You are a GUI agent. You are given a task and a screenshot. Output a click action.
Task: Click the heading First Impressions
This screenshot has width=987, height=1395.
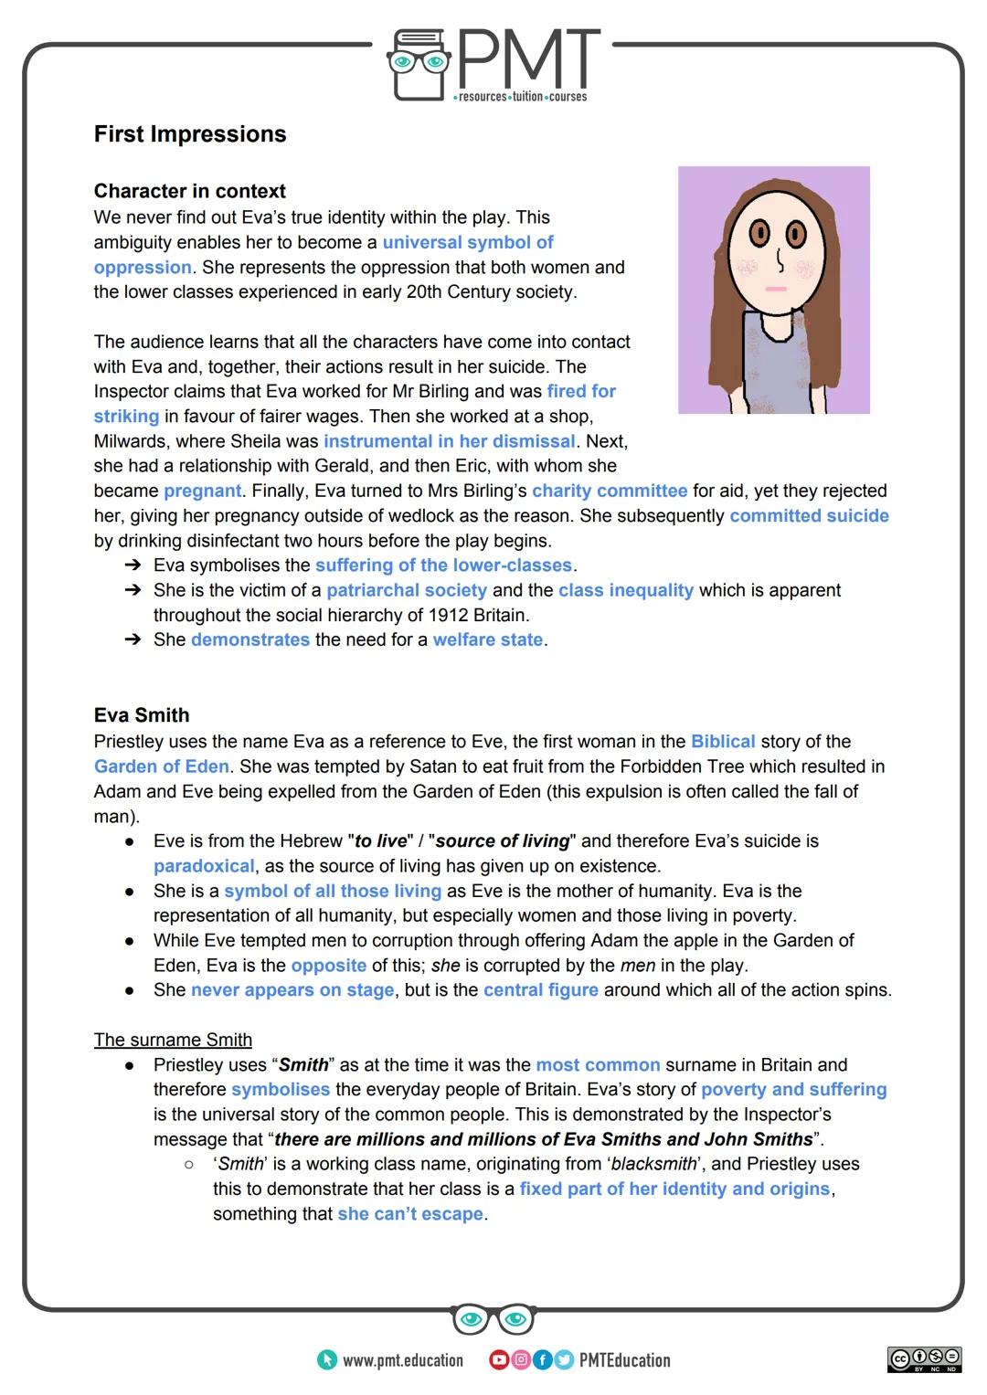190,134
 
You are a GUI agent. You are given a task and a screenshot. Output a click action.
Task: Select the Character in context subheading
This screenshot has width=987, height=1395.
189,191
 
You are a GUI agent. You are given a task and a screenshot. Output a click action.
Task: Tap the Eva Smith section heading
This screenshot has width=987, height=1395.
142,714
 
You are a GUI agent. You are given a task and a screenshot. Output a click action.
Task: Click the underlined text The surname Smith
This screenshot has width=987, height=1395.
173,1040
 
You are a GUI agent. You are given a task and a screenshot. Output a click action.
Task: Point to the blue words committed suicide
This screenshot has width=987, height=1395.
809,515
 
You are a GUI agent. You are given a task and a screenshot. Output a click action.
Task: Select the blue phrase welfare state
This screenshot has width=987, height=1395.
488,639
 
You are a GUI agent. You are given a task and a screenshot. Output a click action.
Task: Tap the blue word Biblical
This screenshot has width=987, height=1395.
723,741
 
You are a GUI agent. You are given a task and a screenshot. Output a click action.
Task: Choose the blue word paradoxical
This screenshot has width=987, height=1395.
204,865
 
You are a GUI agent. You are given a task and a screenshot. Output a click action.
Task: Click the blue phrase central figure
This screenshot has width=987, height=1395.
541,989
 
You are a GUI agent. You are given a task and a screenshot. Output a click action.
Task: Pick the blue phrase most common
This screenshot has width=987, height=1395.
598,1064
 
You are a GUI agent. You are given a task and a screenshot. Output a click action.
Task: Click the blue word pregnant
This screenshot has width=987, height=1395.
203,491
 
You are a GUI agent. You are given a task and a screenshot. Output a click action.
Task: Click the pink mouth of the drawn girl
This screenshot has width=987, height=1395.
776,290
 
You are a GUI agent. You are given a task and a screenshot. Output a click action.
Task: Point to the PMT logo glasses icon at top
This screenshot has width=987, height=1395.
419,63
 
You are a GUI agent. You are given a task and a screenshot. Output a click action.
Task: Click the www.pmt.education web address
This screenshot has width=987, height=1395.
402,1360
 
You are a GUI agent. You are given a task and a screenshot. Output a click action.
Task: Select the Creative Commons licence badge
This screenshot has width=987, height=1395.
924,1359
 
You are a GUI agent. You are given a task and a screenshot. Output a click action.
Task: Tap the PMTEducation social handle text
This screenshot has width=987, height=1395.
624,1360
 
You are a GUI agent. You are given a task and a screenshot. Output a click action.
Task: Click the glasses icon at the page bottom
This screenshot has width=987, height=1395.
493,1319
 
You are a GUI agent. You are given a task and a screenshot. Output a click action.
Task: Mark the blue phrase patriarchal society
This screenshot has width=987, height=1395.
407,590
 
